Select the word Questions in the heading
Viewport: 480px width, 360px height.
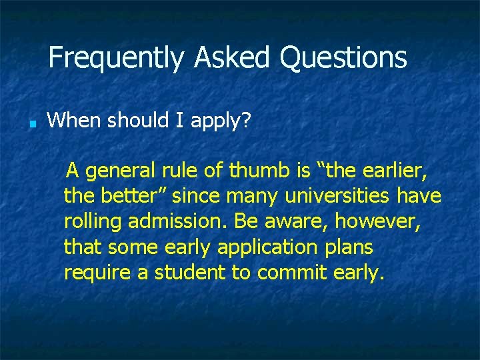coord(343,58)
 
